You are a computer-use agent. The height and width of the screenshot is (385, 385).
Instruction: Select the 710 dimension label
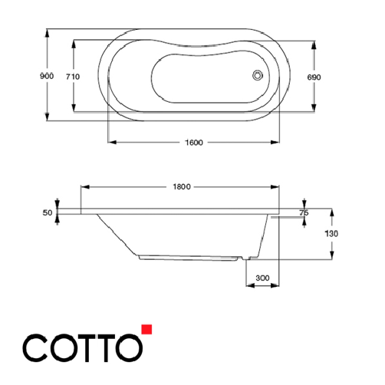pyautogui.click(x=73, y=77)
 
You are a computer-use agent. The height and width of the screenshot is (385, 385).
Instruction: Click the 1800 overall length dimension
pyautogui.click(x=182, y=186)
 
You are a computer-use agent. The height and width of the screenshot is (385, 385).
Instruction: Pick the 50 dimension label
pyautogui.click(x=48, y=212)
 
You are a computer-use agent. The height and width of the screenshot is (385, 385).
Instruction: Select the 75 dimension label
pyautogui.click(x=304, y=212)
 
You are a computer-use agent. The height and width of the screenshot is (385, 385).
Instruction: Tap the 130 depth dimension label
pyautogui.click(x=332, y=233)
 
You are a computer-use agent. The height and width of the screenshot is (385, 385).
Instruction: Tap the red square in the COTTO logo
pyautogui.click(x=146, y=331)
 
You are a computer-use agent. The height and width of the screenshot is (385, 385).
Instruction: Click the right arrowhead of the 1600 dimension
pyautogui.click(x=276, y=143)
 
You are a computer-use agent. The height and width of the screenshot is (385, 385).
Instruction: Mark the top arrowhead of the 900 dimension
pyautogui.click(x=48, y=33)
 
